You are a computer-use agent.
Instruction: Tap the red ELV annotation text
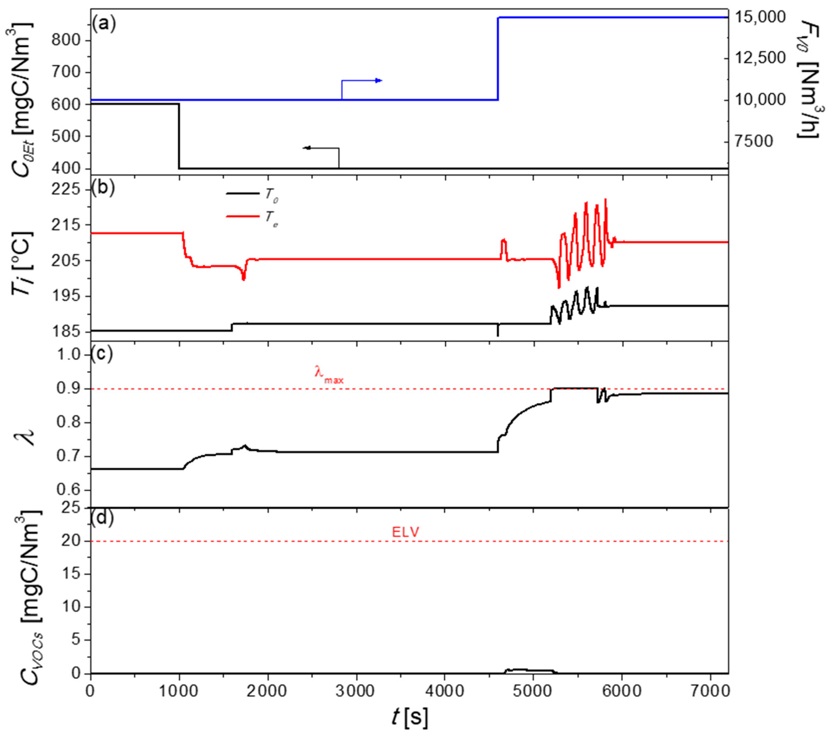coord(405,532)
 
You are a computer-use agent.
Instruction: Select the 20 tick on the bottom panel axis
coord(73,541)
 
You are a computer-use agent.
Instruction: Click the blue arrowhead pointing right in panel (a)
coord(378,81)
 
